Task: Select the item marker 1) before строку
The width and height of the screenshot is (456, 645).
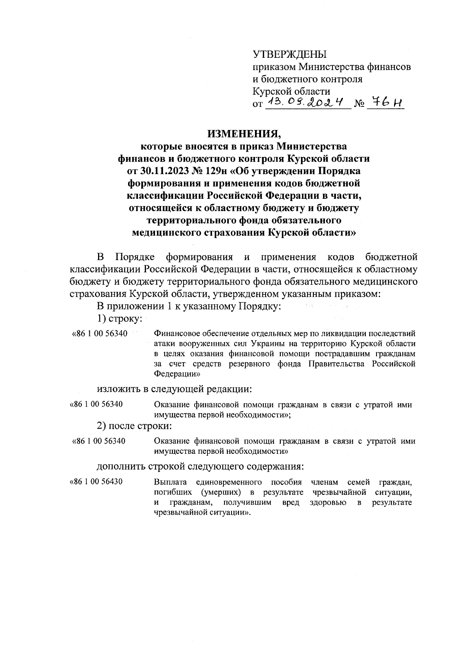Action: [x=102, y=318]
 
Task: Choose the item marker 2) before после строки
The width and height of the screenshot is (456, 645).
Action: [x=102, y=426]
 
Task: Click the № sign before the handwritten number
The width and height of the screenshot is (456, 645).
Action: [x=359, y=104]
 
